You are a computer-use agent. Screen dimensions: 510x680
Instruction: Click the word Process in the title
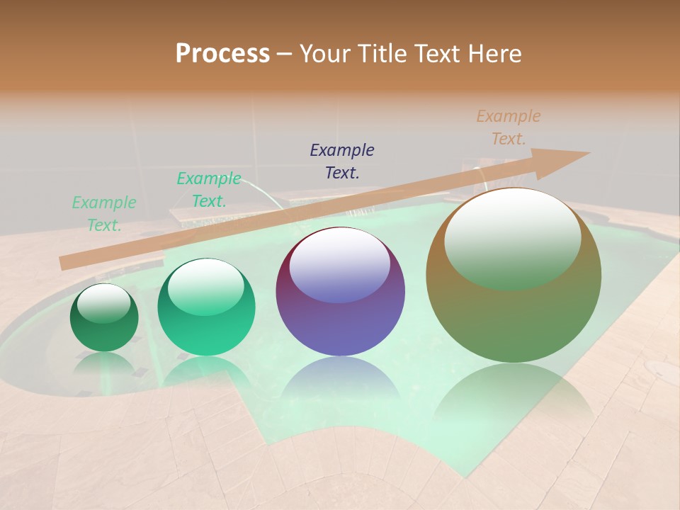pos(222,54)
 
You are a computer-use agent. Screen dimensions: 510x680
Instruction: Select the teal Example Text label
pos(209,190)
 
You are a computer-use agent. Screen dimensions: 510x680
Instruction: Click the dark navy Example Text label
pos(342,161)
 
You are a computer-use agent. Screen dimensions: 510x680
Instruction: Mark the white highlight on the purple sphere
pos(340,266)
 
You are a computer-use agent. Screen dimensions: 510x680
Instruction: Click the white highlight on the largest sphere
pos(512,237)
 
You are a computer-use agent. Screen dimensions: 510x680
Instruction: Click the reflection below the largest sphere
pos(514,397)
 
